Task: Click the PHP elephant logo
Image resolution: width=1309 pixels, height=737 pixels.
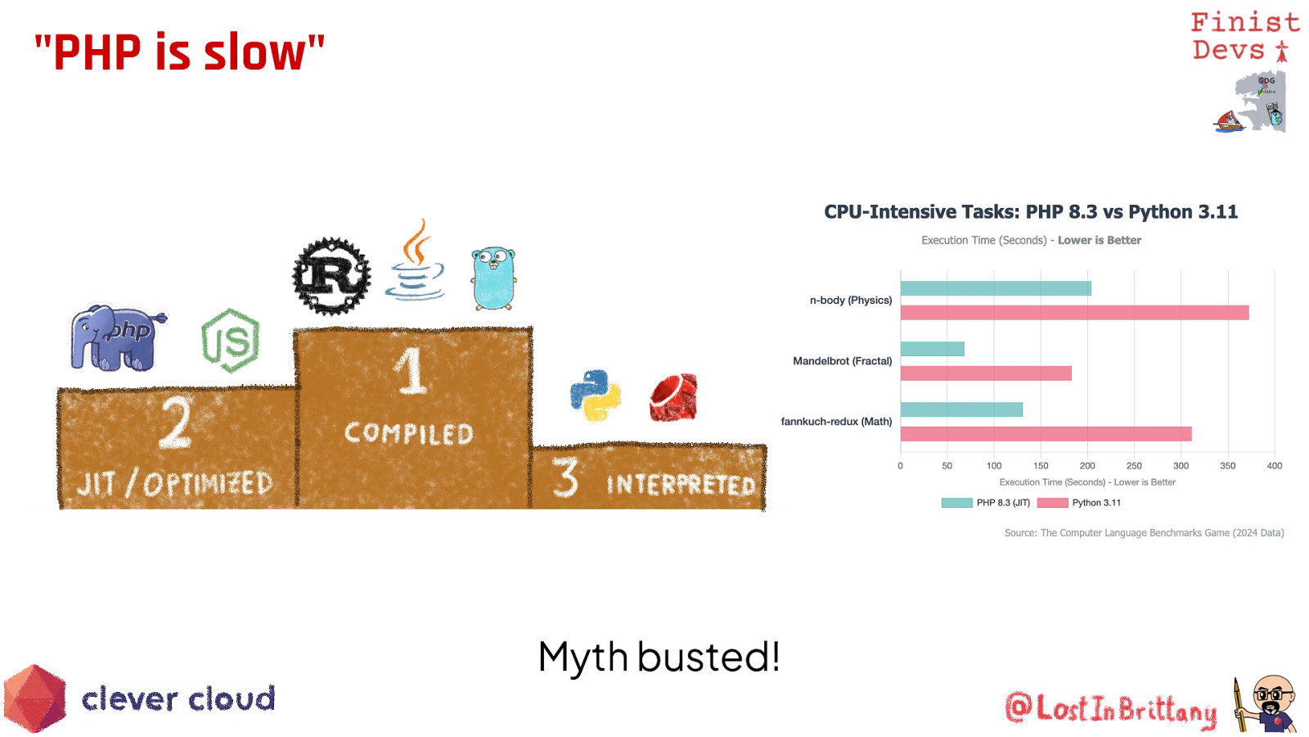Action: pyautogui.click(x=117, y=338)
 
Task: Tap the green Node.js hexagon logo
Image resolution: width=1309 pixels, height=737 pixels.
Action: pyautogui.click(x=231, y=341)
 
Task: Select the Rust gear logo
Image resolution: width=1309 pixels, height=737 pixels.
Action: pyautogui.click(x=331, y=275)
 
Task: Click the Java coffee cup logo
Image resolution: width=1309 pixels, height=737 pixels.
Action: pyautogui.click(x=415, y=260)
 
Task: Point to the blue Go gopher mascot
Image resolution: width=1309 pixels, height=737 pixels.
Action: pyautogui.click(x=494, y=278)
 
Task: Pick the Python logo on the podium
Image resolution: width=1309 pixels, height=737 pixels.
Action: pyautogui.click(x=595, y=395)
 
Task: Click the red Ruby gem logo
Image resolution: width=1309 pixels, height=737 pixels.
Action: pyautogui.click(x=674, y=397)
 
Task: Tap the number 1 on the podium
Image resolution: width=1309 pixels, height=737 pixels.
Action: pyautogui.click(x=412, y=370)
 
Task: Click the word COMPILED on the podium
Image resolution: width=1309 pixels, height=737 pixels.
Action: pyautogui.click(x=408, y=433)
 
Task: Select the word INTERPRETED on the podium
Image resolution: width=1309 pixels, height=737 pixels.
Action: pyautogui.click(x=681, y=485)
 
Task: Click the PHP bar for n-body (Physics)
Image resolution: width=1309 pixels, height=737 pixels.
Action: pyautogui.click(x=996, y=288)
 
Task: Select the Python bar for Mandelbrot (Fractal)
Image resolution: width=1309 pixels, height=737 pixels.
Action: pyautogui.click(x=986, y=373)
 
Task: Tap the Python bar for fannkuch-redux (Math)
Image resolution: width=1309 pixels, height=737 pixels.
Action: pyautogui.click(x=1046, y=434)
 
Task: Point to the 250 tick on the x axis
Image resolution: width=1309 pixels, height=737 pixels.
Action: pyautogui.click(x=1134, y=466)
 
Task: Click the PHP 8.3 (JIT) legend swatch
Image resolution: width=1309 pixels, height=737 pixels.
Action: pyautogui.click(x=956, y=503)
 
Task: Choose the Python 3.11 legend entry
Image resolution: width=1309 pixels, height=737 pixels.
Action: pyautogui.click(x=1079, y=503)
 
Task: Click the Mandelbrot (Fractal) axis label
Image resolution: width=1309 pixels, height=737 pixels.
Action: pyautogui.click(x=842, y=361)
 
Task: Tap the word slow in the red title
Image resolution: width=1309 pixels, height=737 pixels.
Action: pyautogui.click(x=254, y=52)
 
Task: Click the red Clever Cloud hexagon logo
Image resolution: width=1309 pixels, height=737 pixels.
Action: pyautogui.click(x=35, y=699)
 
